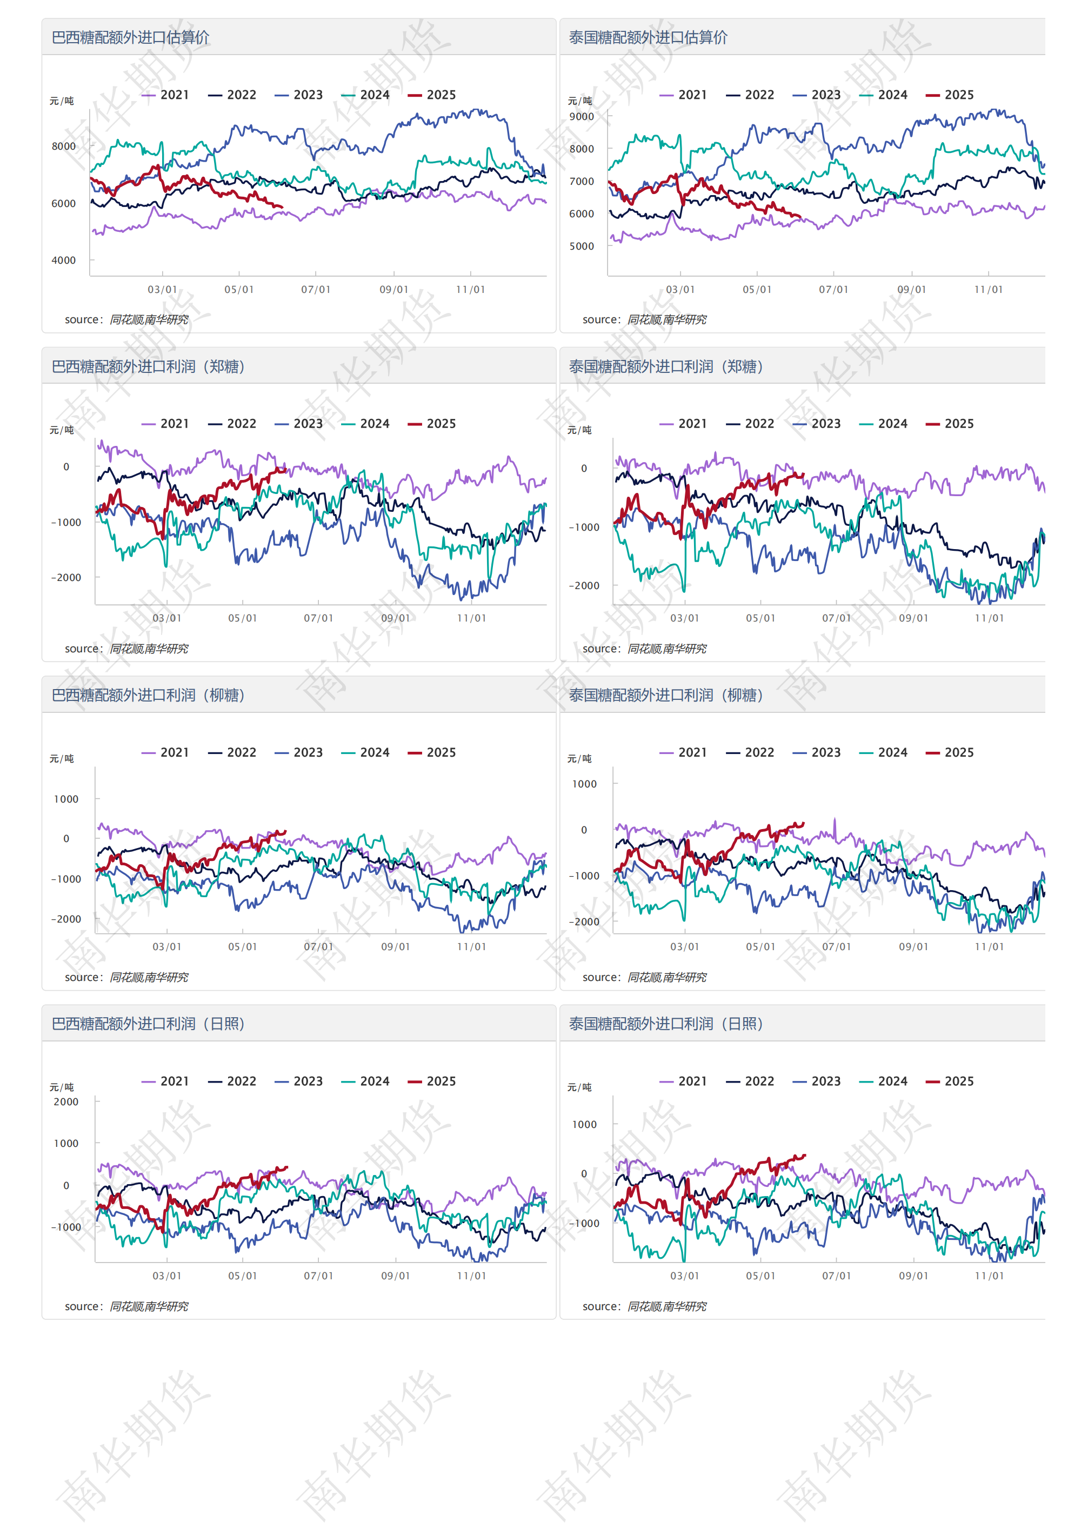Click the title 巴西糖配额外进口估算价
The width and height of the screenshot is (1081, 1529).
131,37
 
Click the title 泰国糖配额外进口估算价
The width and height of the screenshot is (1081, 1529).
648,37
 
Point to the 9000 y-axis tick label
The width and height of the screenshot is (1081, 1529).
582,117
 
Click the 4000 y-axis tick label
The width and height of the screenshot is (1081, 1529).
63,261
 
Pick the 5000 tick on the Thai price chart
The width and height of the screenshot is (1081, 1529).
582,246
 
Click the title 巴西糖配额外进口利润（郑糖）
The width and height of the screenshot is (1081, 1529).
149,366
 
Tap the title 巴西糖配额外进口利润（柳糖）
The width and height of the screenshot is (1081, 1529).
149,695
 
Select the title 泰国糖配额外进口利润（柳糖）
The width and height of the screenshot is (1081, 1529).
666,695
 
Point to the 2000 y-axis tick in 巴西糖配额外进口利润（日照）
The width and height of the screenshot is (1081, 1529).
66,1102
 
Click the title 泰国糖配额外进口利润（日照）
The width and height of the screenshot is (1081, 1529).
666,1024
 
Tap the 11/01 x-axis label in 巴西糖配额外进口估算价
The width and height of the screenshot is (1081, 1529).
470,290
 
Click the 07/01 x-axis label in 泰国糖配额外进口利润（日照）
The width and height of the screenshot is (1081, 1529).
837,1276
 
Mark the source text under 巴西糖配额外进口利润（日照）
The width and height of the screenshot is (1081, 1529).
126,1306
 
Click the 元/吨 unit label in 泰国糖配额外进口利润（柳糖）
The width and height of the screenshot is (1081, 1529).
579,758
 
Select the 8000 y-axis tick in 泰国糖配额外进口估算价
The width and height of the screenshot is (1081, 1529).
582,149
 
